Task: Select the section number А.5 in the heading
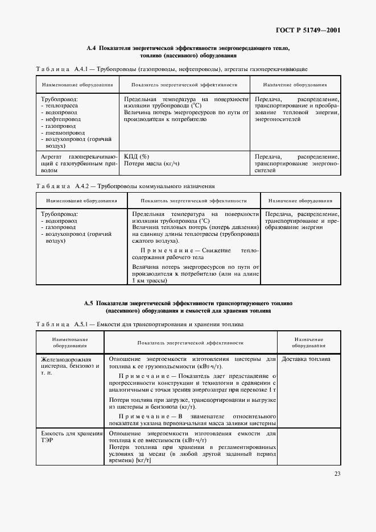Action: [x=89, y=304]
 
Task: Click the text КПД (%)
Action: [x=137, y=156]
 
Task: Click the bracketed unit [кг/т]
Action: [x=143, y=461]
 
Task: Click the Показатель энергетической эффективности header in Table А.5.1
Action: [x=190, y=343]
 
